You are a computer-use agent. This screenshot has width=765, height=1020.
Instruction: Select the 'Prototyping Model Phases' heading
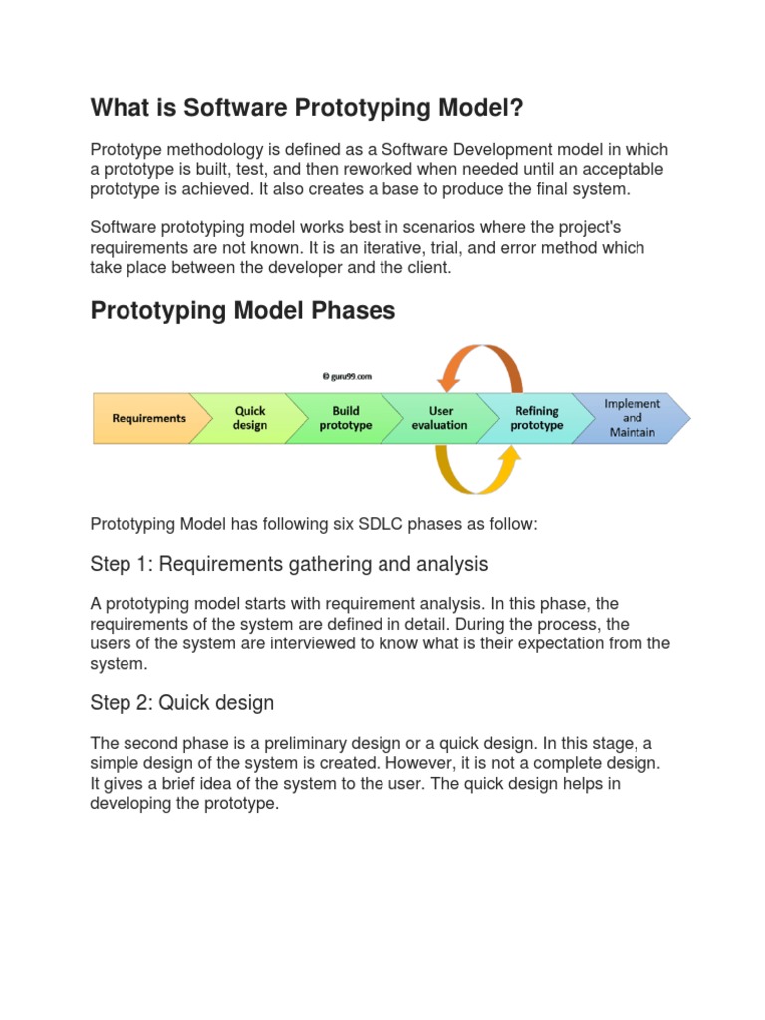click(x=242, y=311)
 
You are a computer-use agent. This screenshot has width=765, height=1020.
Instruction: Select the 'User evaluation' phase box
click(x=439, y=418)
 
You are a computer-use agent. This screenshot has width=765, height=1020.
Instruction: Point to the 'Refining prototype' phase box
click(x=536, y=418)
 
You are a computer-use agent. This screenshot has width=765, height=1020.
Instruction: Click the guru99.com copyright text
click(x=347, y=377)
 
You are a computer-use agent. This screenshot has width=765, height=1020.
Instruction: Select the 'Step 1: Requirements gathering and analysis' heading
click(x=289, y=565)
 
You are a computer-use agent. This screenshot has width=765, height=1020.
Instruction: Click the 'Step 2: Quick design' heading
click(x=181, y=703)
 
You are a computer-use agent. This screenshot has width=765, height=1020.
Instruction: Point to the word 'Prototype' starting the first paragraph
click(x=127, y=149)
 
